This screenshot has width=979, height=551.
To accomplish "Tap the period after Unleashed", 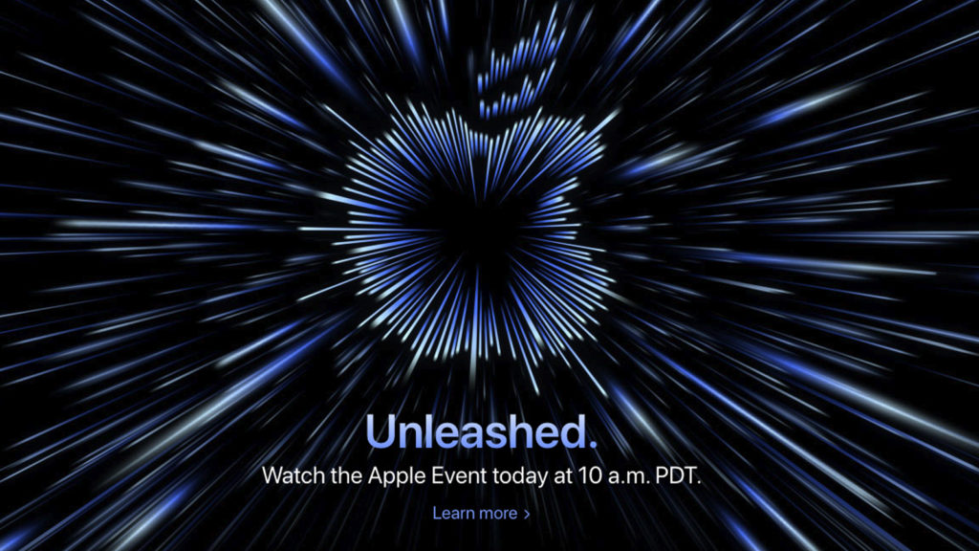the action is [x=592, y=443].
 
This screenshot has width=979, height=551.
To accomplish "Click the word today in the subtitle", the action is [x=519, y=477].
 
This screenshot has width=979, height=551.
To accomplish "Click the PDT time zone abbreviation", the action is [x=678, y=476].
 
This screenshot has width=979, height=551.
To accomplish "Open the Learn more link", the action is [x=482, y=514].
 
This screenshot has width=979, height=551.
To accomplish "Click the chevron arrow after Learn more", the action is [x=527, y=514].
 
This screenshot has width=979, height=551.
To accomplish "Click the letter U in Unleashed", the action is [x=381, y=431].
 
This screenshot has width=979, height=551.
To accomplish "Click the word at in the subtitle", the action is [x=562, y=476].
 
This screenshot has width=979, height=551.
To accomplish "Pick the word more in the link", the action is [x=497, y=514].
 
